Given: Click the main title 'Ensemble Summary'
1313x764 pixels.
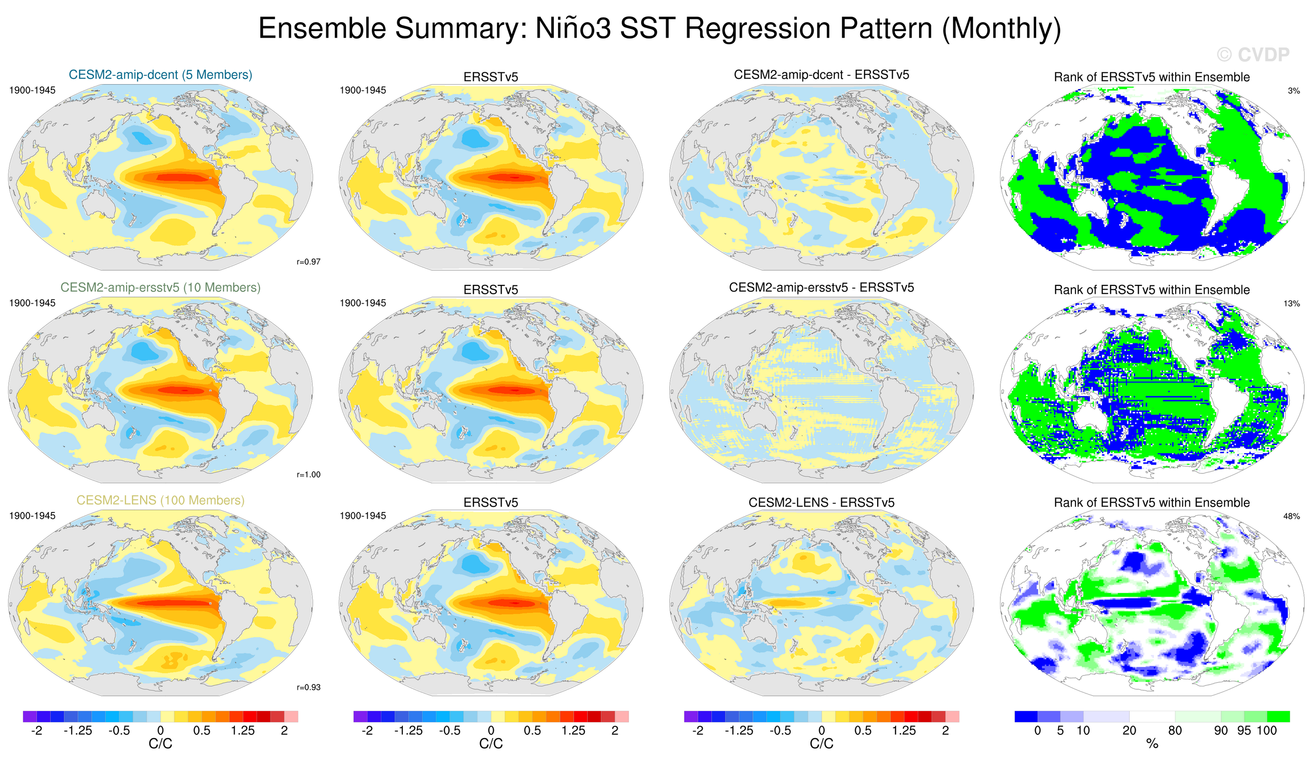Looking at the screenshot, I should pos(659,28).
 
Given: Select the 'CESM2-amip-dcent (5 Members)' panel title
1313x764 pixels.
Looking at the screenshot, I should pos(160,75).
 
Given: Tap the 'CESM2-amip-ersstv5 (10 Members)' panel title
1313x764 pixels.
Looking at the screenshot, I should pos(160,287).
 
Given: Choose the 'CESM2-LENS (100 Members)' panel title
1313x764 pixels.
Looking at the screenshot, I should pos(160,500).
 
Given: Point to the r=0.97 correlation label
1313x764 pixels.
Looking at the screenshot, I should pos(308,261).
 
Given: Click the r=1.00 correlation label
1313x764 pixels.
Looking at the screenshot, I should pos(308,474).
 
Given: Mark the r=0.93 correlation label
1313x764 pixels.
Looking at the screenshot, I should pos(308,687).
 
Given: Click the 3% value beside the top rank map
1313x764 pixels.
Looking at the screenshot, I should pos(1294,91).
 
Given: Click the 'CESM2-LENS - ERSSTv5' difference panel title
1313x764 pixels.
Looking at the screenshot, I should pos(821,503).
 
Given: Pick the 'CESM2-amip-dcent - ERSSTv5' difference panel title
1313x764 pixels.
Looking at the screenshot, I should pos(821,75).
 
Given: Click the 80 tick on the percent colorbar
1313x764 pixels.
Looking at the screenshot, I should pos(1175,730).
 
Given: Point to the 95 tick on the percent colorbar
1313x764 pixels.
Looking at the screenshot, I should pos(1244,730).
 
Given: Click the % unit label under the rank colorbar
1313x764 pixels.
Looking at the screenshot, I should pos(1152,744).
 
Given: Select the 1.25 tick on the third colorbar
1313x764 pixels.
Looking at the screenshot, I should pos(904,730).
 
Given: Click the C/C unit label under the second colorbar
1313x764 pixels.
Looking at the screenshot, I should pos(491,744).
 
